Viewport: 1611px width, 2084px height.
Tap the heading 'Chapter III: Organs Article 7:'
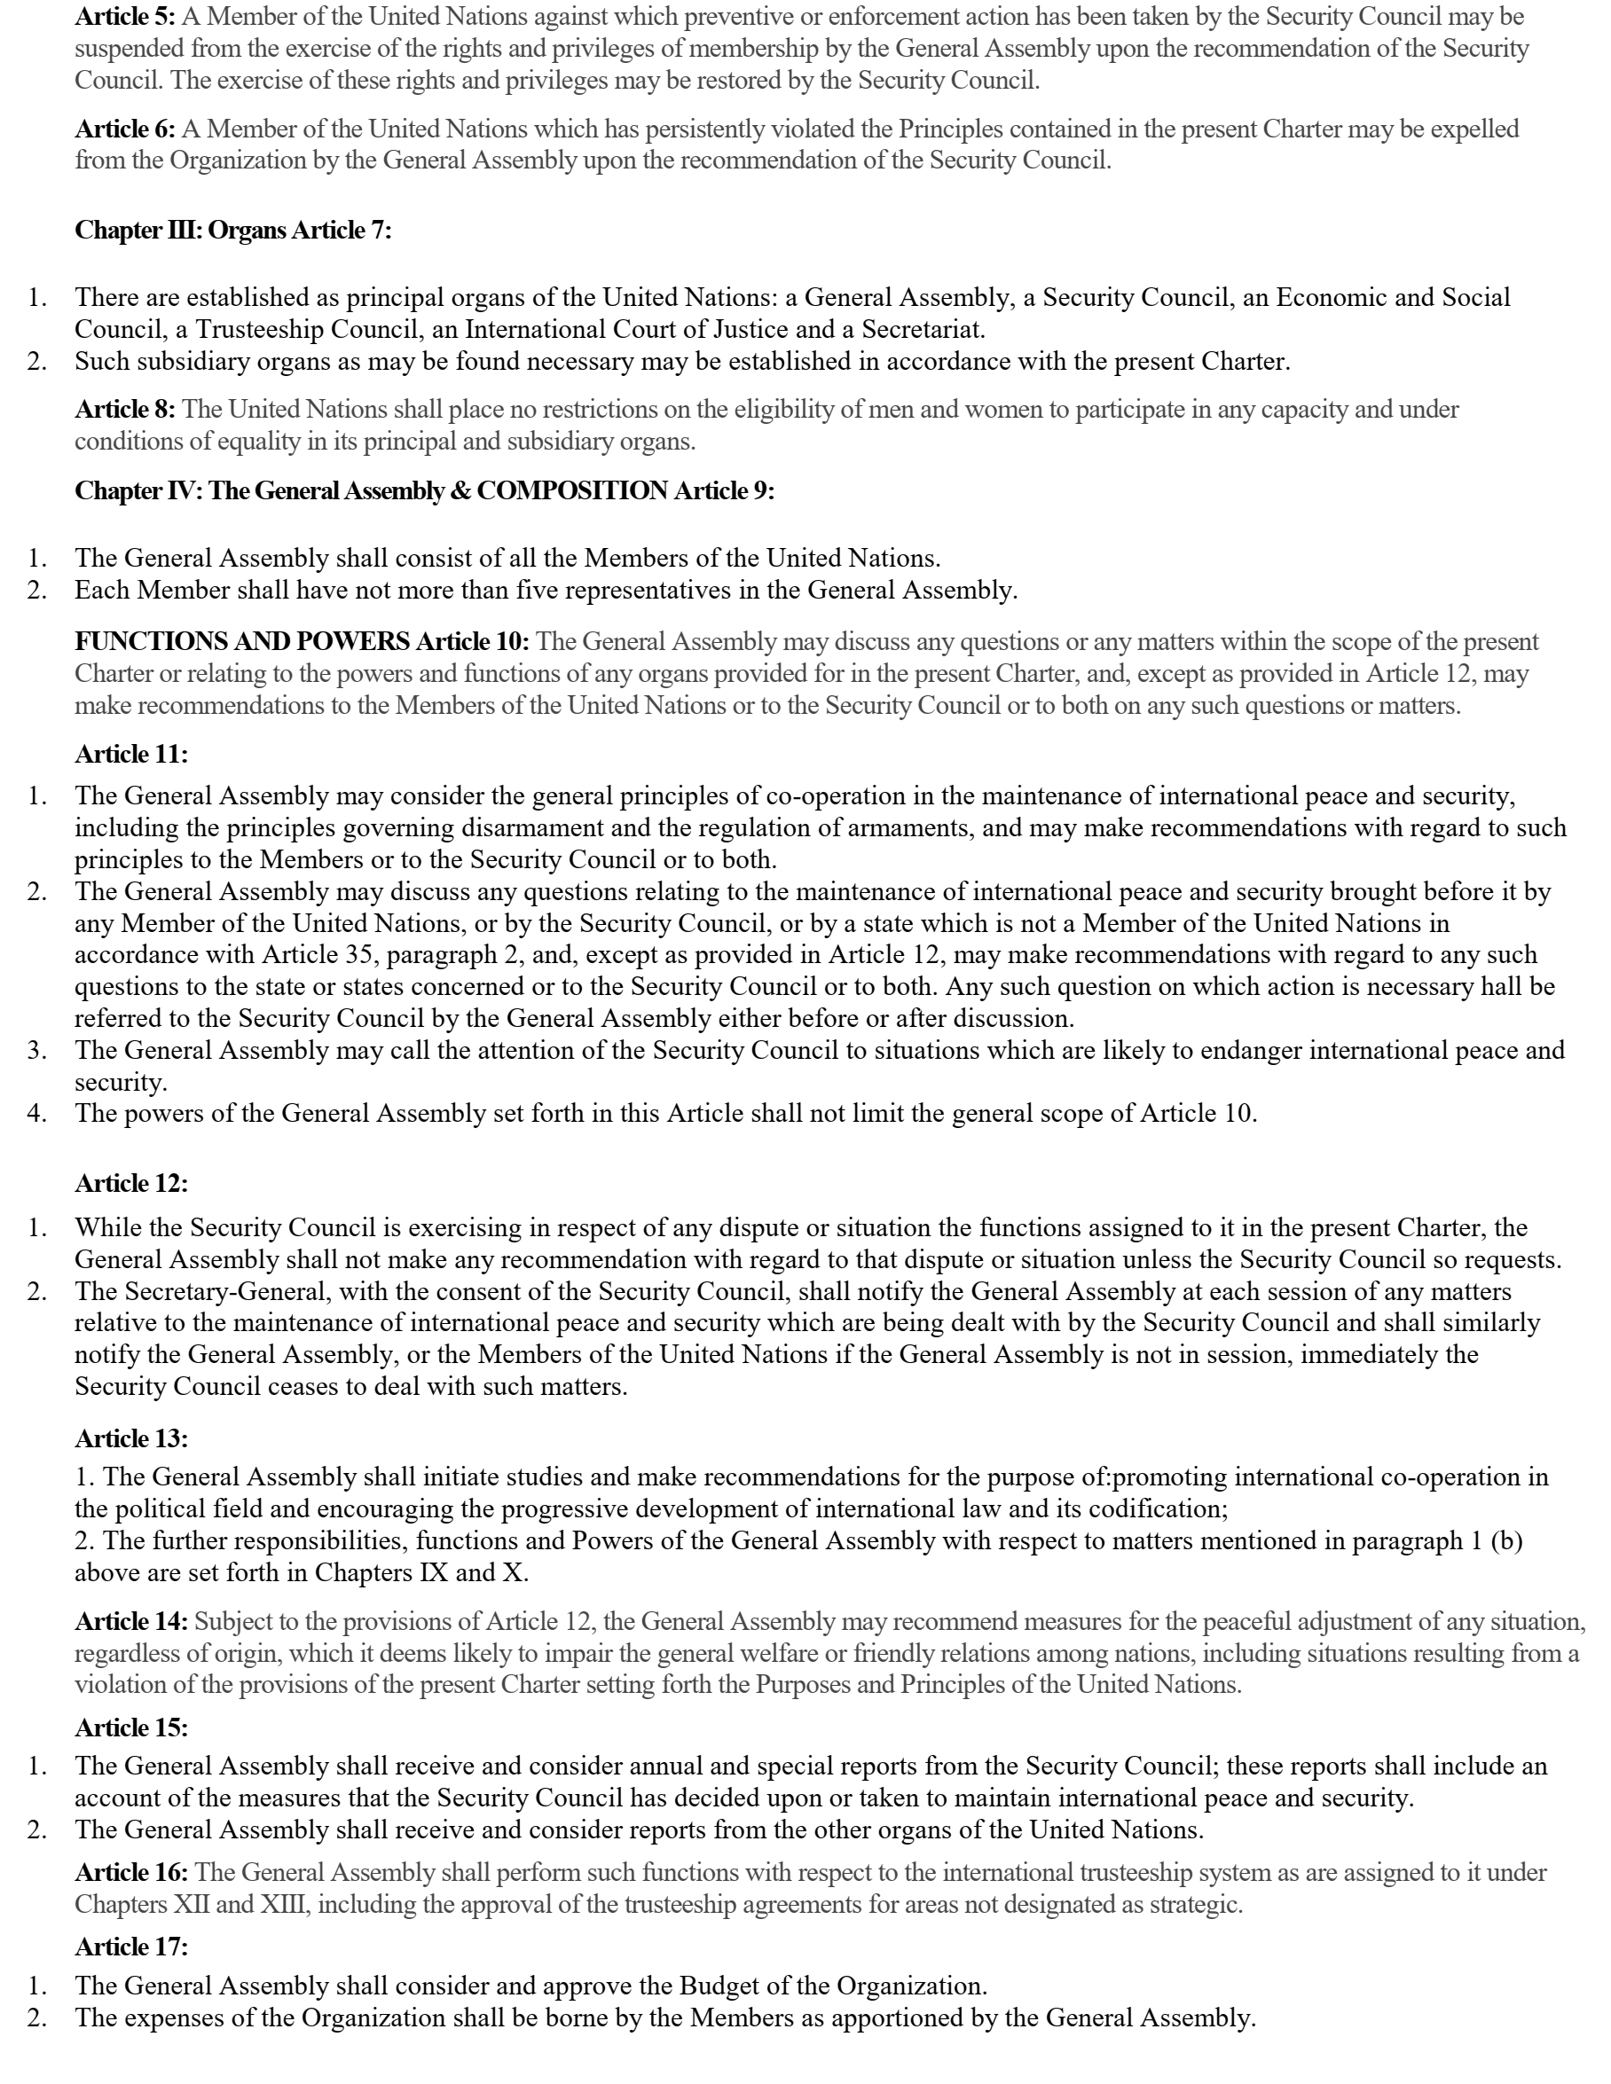[x=233, y=230]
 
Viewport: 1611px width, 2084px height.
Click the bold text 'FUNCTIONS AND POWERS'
[x=242, y=641]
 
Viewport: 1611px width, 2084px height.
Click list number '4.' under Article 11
[x=37, y=1114]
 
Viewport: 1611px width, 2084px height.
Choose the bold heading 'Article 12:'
[x=131, y=1183]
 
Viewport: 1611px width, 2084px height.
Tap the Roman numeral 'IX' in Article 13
[x=433, y=1572]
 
